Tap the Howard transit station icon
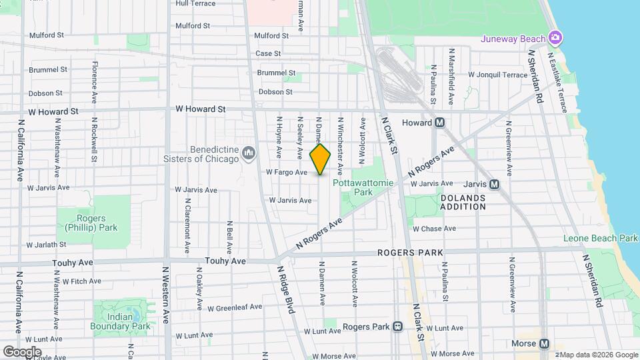pos(439,123)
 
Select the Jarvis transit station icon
pos(494,184)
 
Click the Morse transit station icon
pos(545,344)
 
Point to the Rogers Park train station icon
pos(397,327)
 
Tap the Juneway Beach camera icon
pos(555,37)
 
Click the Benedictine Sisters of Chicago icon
pos(249,154)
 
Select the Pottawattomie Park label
pos(363,187)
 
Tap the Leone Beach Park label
pos(600,238)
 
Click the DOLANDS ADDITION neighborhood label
pos(463,202)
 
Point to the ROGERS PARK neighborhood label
pos(406,253)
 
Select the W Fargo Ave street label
pos(286,172)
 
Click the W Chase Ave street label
pos(434,229)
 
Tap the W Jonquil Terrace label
pos(497,75)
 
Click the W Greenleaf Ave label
pos(235,308)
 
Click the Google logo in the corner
pos(22,351)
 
